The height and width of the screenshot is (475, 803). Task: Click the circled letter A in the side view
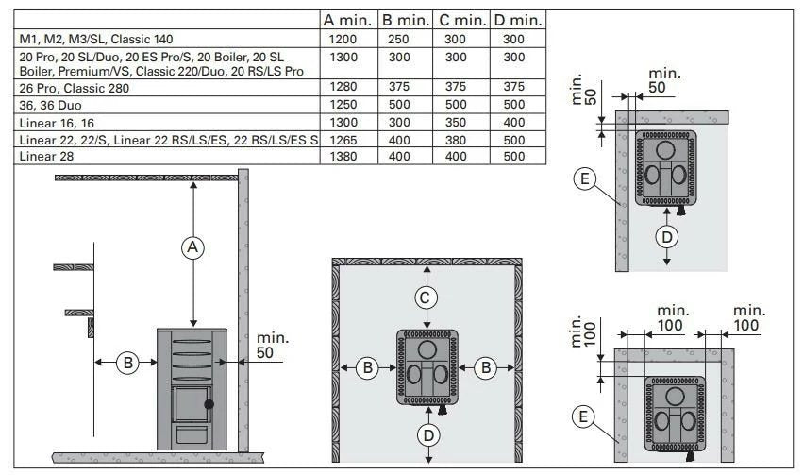[192, 247]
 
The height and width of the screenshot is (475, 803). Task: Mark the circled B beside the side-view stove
[127, 362]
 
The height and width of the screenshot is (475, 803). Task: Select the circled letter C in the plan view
[427, 297]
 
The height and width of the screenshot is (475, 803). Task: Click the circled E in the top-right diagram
[586, 178]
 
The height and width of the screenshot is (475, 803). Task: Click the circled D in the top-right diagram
[667, 236]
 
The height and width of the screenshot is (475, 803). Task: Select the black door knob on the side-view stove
[209, 403]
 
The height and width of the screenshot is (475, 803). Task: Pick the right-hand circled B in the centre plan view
[486, 368]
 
